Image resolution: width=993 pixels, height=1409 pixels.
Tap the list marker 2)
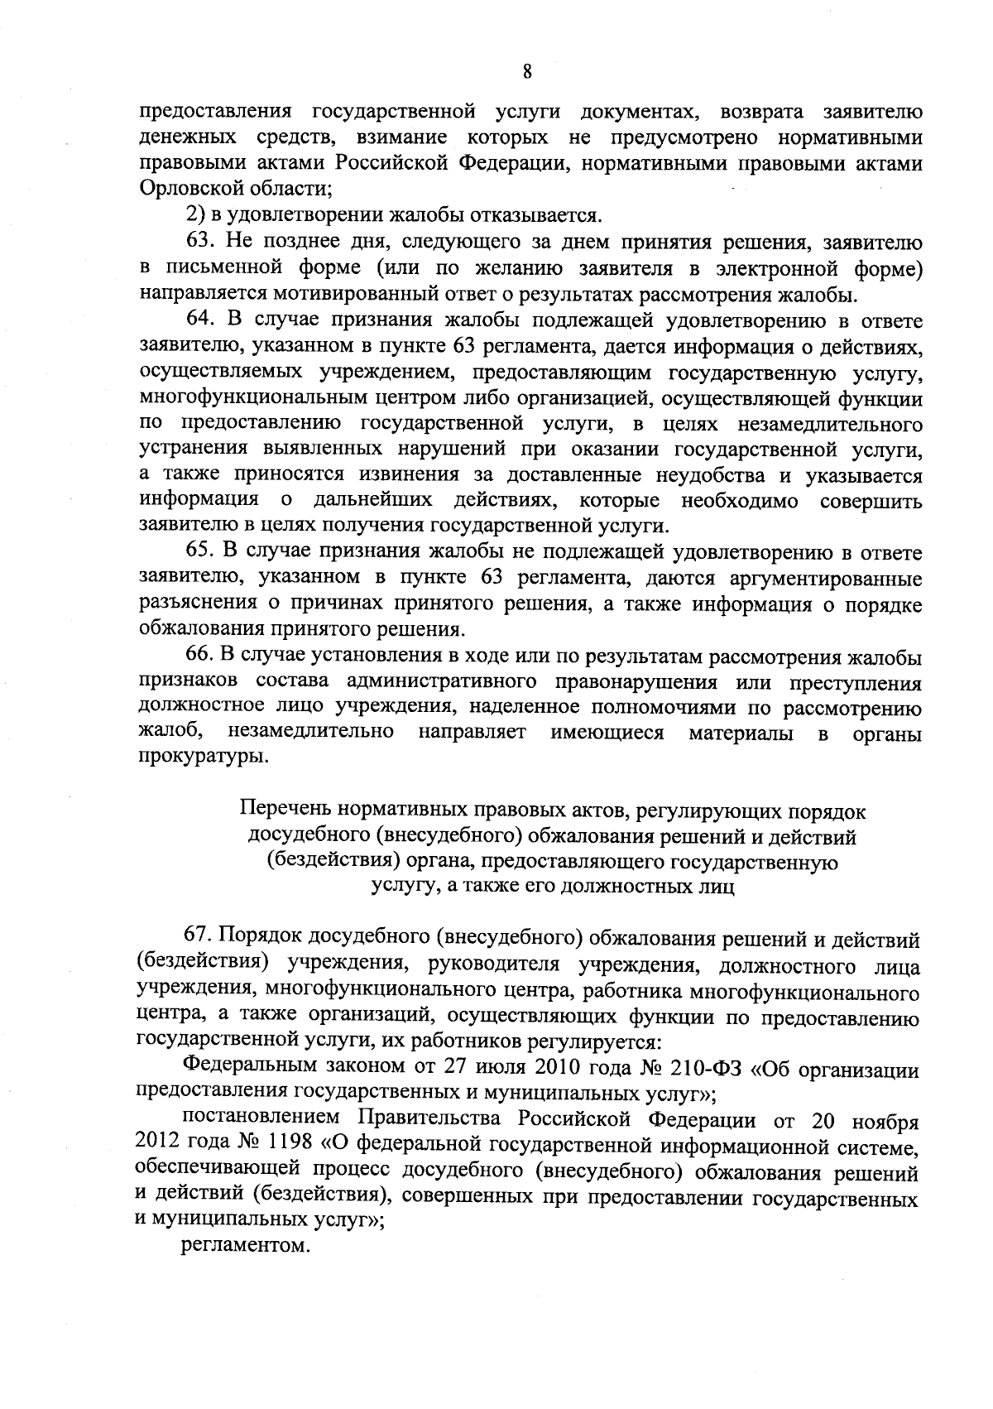point(194,216)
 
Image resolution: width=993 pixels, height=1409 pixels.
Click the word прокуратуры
point(203,757)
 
